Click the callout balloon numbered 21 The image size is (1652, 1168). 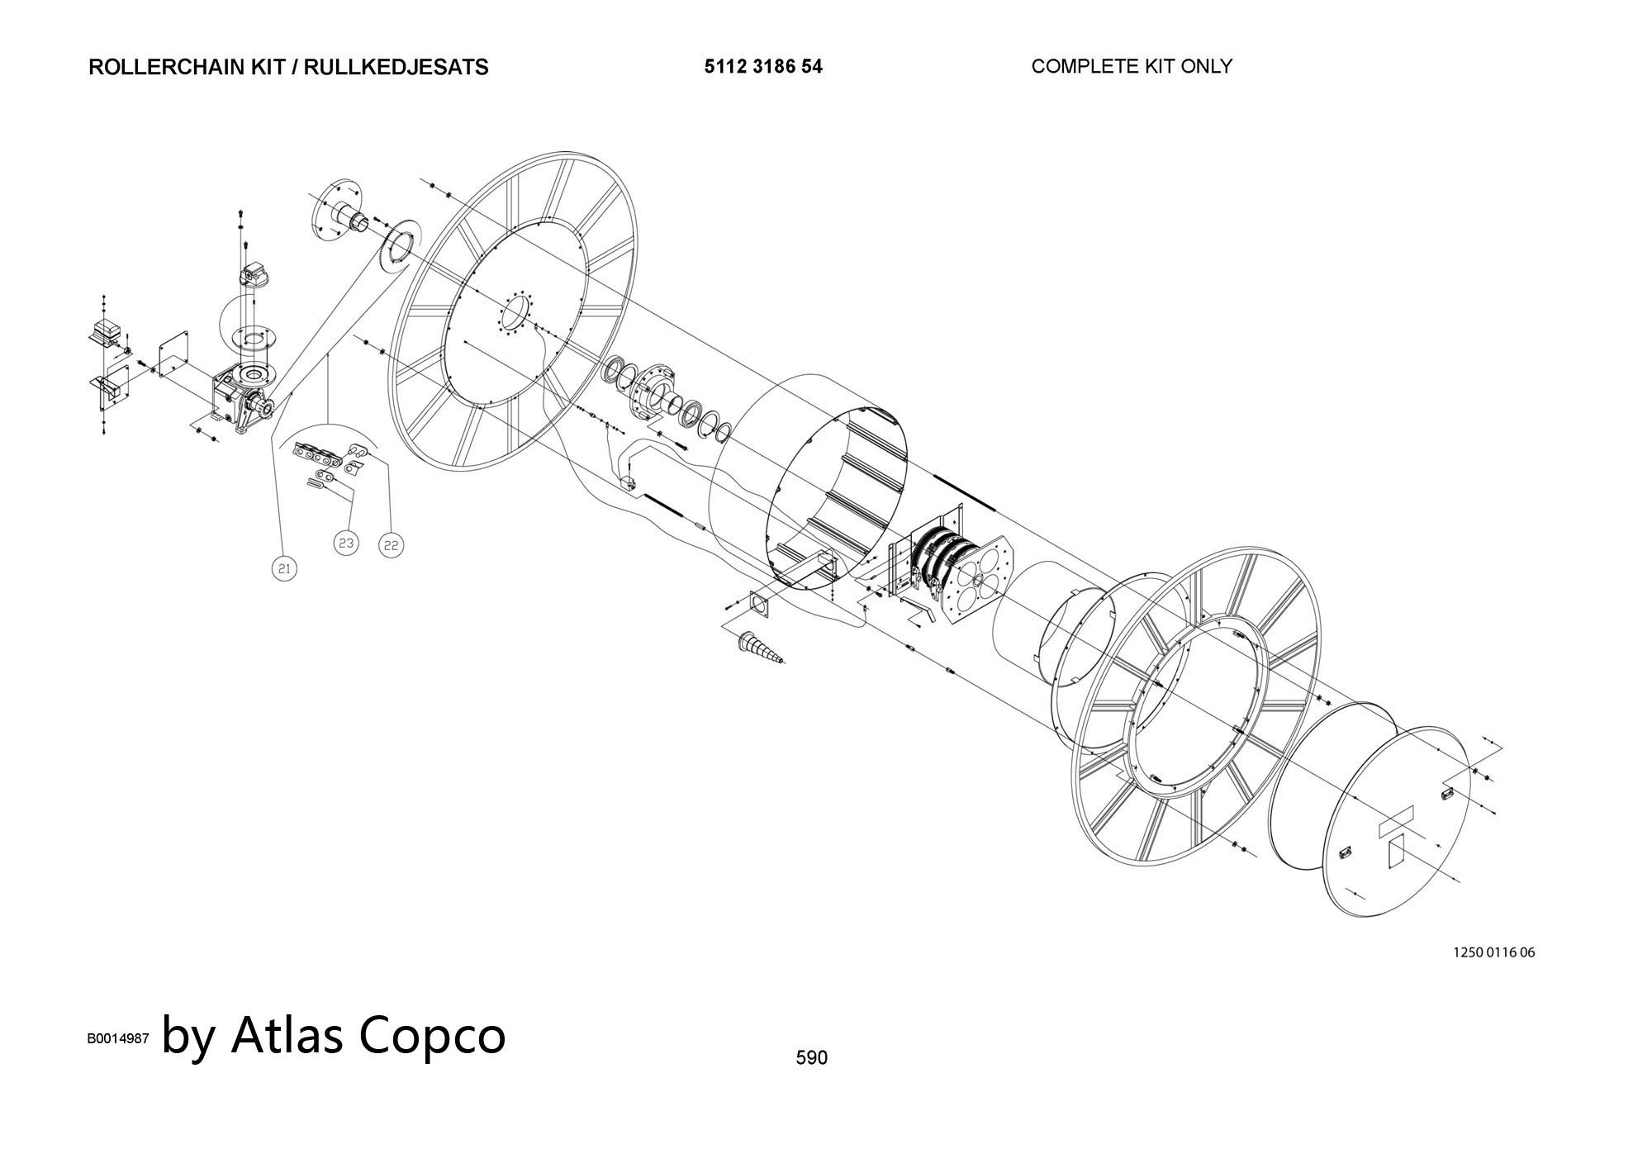284,568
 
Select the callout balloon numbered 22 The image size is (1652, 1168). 392,545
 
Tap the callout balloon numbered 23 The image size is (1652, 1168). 346,543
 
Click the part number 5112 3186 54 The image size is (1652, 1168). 763,67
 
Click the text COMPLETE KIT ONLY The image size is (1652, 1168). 1132,66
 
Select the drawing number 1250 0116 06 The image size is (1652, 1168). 1494,952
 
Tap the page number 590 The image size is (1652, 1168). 811,1057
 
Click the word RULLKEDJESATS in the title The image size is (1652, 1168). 396,67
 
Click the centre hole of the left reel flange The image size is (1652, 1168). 517,315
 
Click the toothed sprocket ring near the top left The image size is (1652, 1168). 401,245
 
